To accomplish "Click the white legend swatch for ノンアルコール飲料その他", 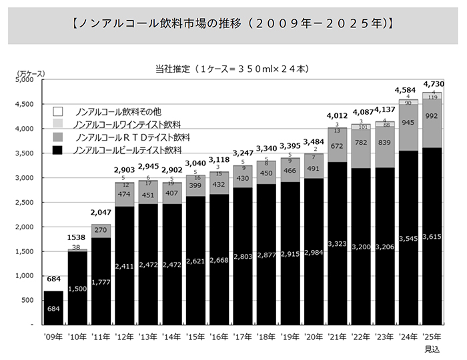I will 58,111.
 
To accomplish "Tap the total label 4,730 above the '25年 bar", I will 432,84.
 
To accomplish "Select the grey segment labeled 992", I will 432,115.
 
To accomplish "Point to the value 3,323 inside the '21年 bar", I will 337,245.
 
